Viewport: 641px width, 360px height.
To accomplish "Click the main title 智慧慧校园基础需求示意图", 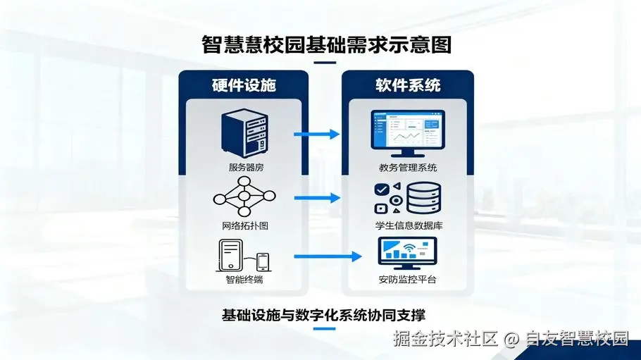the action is click(326, 44).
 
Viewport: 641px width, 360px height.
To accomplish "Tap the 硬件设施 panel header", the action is click(244, 85).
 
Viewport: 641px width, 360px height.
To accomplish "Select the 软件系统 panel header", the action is click(408, 85).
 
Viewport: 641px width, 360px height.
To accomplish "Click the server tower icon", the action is click(244, 133).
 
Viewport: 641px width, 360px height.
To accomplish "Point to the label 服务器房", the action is click(246, 167).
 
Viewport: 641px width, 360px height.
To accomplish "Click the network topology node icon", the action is click(244, 197).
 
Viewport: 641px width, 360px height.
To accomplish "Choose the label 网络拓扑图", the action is click(245, 225).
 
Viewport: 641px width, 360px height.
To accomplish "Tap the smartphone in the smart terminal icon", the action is click(263, 262).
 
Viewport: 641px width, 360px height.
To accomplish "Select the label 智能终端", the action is click(244, 280).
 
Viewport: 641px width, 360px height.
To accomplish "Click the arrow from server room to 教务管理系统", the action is click(316, 134).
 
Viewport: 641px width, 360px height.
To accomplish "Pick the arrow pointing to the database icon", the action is click(317, 198).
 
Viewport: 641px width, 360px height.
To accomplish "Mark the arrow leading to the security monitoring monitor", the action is click(328, 256).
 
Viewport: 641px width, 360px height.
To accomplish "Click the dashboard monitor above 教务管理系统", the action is click(408, 133).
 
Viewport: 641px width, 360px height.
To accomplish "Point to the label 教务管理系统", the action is click(408, 167).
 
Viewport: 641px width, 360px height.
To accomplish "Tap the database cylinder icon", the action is click(424, 197).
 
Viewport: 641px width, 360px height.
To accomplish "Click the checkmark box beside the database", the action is click(381, 190).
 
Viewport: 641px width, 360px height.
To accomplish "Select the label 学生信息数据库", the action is click(409, 225).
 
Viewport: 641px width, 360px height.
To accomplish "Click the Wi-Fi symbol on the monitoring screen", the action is click(409, 248).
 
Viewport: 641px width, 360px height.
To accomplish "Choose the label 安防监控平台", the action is click(408, 280).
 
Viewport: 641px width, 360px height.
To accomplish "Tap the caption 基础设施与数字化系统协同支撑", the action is click(323, 315).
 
